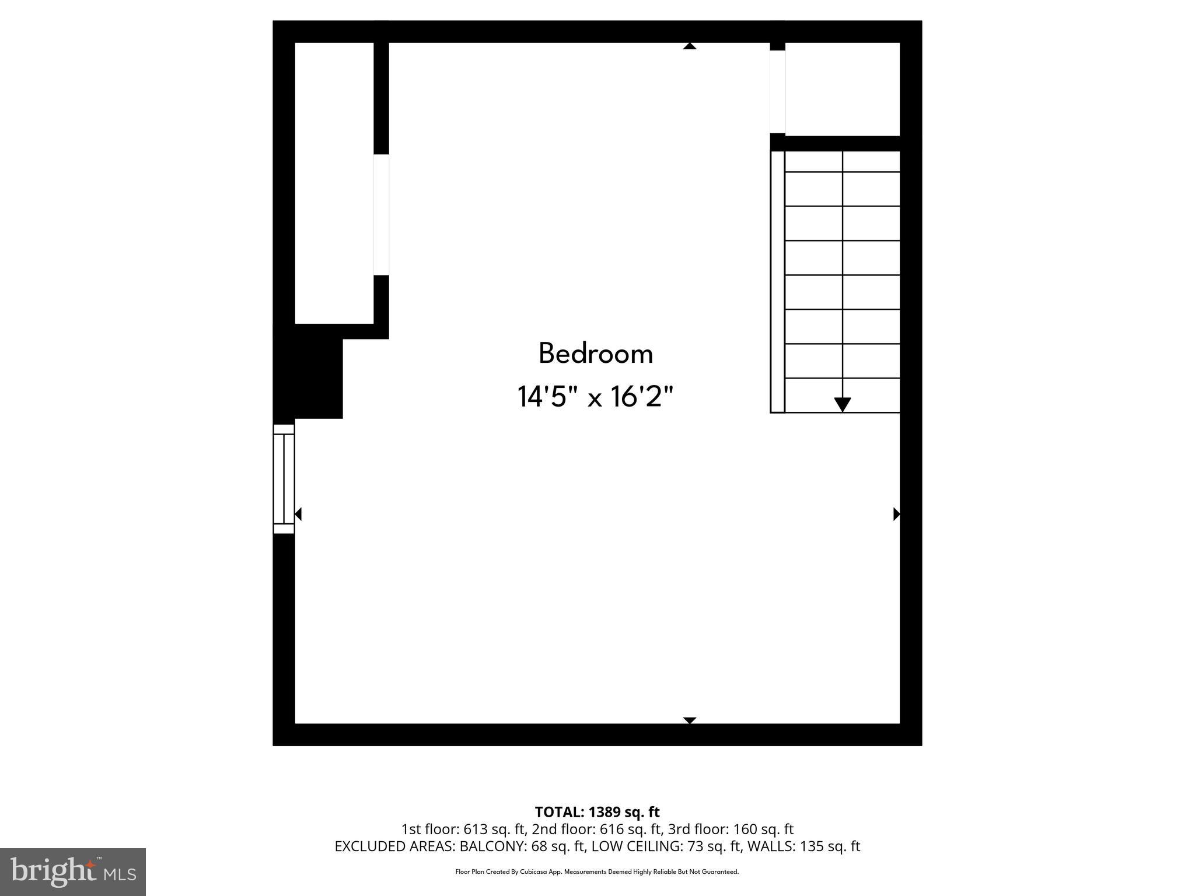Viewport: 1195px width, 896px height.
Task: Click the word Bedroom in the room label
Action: tap(595, 353)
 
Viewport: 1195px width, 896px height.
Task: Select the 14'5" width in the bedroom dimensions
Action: tap(542, 397)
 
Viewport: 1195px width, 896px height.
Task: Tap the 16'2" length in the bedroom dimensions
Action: tap(642, 397)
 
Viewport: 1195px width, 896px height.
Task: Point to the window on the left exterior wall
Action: tap(284, 478)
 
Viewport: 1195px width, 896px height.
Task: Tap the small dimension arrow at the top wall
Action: tap(690, 46)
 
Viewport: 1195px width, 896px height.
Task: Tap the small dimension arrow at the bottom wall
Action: tap(690, 720)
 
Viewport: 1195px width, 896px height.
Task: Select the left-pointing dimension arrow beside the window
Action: tap(298, 514)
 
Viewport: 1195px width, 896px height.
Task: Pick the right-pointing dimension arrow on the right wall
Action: tap(897, 514)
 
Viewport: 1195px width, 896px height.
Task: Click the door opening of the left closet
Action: tap(381, 215)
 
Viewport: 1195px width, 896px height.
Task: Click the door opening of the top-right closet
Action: tap(777, 92)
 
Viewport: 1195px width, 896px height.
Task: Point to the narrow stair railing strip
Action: tap(777, 282)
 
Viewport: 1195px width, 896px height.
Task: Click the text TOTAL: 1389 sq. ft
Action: tap(597, 812)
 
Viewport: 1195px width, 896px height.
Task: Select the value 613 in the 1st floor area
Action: tap(476, 829)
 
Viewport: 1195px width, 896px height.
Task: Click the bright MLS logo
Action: tap(73, 871)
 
